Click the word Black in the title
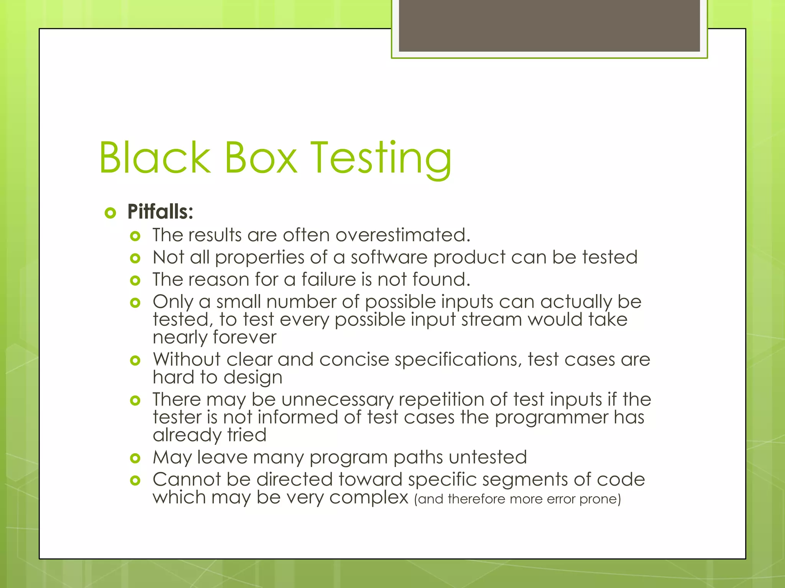(155, 157)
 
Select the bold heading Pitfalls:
(160, 212)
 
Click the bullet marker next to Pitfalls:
(110, 213)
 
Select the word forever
(245, 337)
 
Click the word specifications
(458, 360)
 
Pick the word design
(253, 378)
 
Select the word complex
(368, 498)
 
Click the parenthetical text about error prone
(517, 499)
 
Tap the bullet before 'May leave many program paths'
(135, 458)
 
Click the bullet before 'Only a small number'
(135, 303)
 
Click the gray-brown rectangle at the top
(549, 25)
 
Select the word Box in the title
(260, 157)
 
